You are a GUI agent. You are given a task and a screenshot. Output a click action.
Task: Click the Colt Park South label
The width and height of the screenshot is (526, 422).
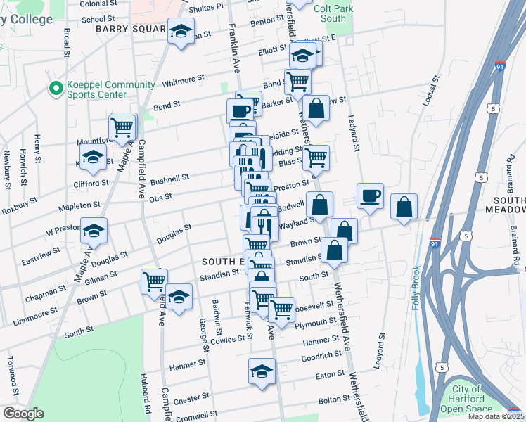coord(333,13)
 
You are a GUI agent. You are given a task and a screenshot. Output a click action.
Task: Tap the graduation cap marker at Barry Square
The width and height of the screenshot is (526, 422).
coord(181,32)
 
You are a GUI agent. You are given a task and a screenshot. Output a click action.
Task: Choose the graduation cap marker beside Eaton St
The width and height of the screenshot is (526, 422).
coord(262,369)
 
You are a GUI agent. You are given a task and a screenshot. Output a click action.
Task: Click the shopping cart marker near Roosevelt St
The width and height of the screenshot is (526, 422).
coord(281,309)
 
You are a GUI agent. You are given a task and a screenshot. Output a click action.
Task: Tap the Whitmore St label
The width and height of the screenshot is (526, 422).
coord(183,79)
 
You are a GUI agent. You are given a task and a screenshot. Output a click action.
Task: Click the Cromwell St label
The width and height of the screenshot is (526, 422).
coord(193,415)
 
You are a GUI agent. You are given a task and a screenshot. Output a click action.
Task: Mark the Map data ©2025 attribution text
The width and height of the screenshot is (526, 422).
coord(495,416)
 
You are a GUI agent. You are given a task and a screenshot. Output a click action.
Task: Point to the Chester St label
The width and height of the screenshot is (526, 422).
coord(186,399)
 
